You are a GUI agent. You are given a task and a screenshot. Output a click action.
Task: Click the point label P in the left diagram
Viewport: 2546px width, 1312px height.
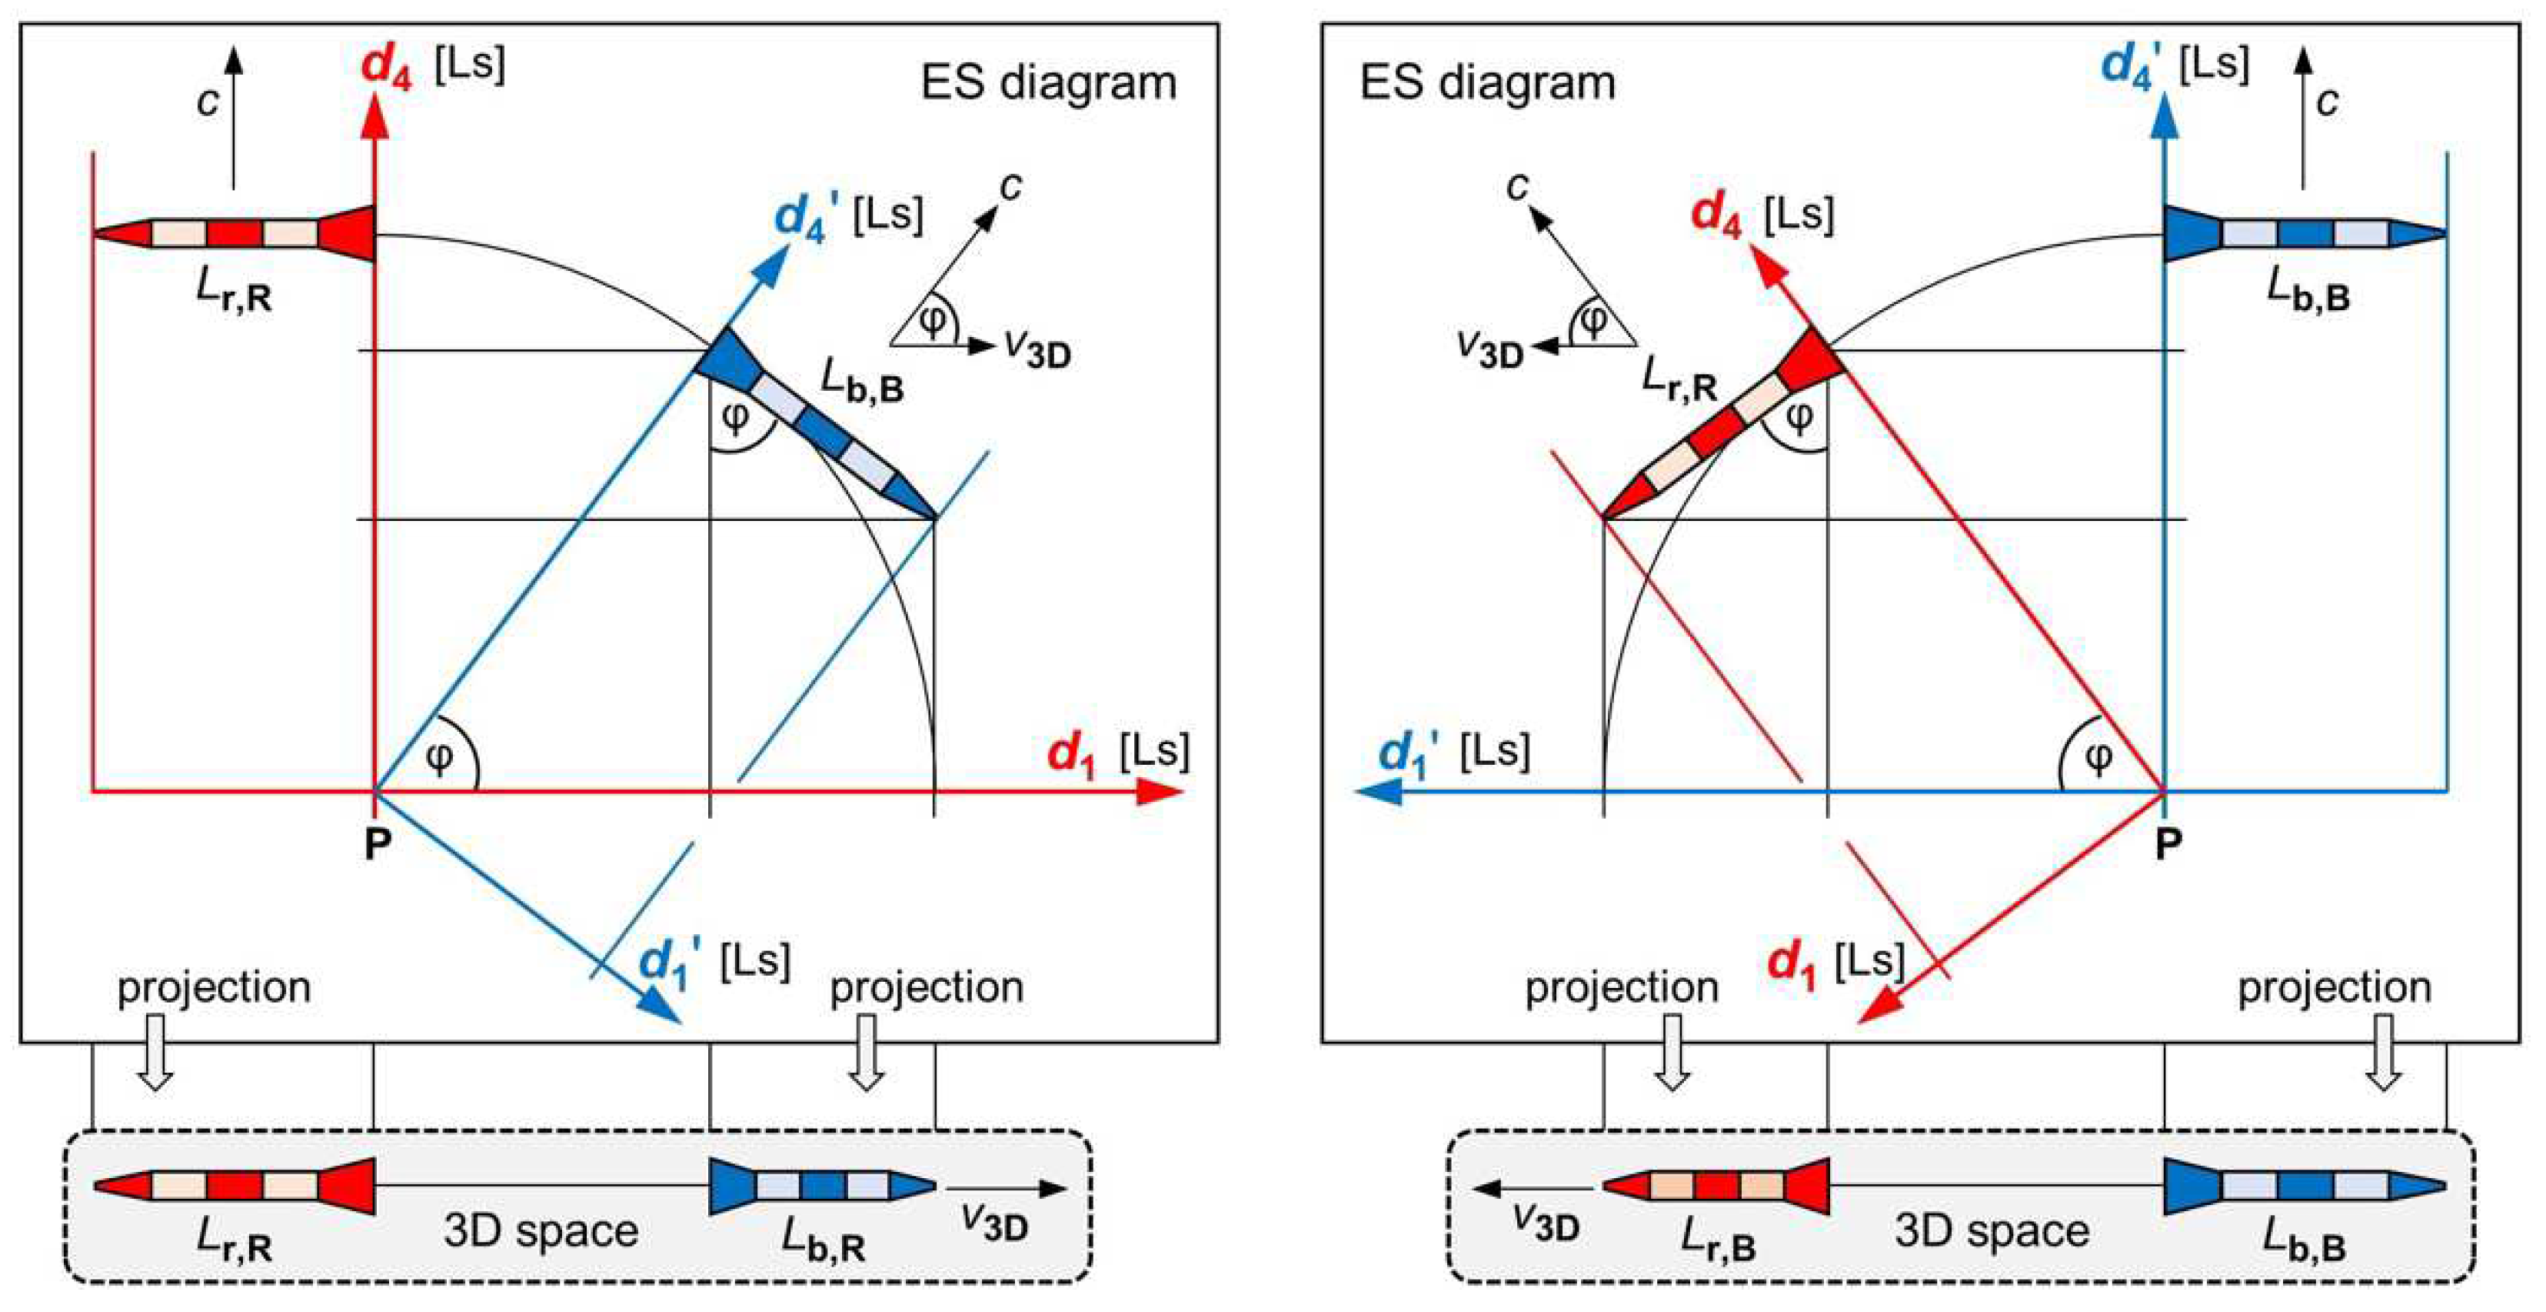(378, 843)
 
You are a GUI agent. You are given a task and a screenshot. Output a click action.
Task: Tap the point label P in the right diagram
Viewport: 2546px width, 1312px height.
(2168, 843)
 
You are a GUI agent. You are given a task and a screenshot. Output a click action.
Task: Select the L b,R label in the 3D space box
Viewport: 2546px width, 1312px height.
(824, 1240)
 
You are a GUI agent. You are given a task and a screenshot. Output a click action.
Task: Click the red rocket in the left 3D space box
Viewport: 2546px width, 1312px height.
(235, 1186)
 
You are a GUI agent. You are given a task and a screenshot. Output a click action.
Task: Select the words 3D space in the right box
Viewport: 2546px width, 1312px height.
(1992, 1231)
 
